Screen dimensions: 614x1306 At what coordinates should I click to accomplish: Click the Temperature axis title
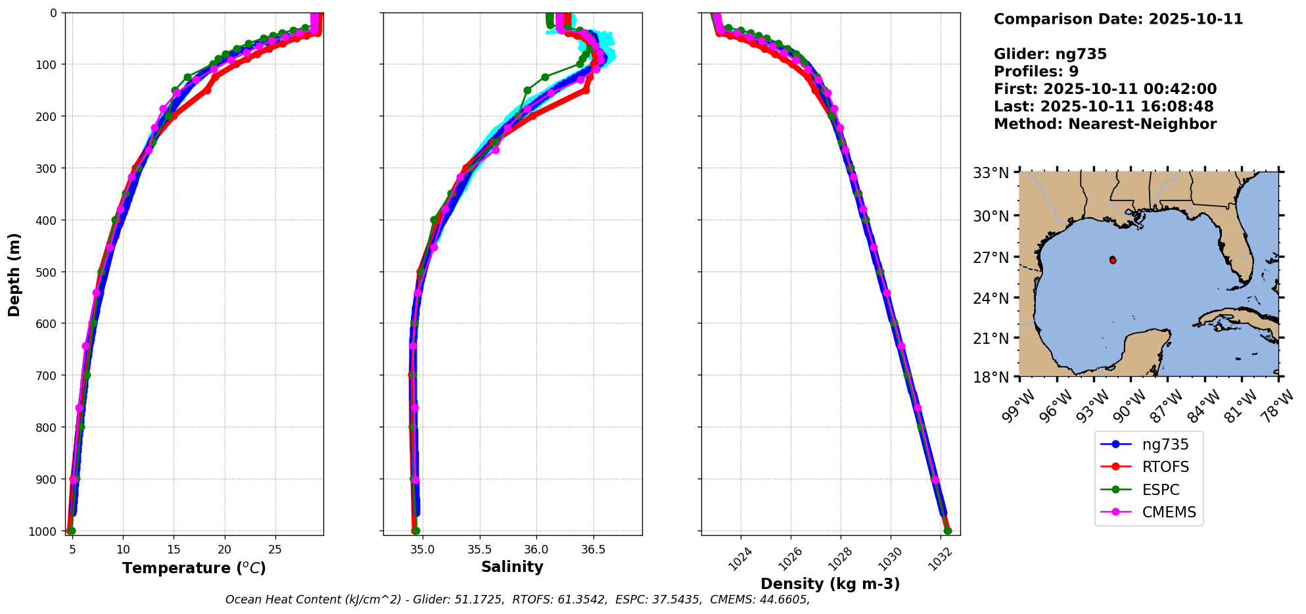[194, 568]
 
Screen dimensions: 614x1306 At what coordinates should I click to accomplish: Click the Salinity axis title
[512, 567]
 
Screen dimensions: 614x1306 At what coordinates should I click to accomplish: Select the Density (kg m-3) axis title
[830, 584]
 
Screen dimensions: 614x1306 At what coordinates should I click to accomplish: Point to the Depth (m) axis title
[14, 274]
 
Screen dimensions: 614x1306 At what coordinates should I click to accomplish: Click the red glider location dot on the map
[1113, 260]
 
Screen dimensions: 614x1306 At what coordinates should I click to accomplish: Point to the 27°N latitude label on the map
[991, 258]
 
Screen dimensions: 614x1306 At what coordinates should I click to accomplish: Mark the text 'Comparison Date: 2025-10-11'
[1118, 19]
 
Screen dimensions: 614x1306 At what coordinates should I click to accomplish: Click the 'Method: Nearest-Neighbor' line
[1105, 124]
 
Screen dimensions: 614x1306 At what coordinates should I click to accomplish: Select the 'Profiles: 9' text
[1036, 72]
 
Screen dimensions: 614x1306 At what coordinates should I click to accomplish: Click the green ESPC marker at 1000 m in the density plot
[947, 531]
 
